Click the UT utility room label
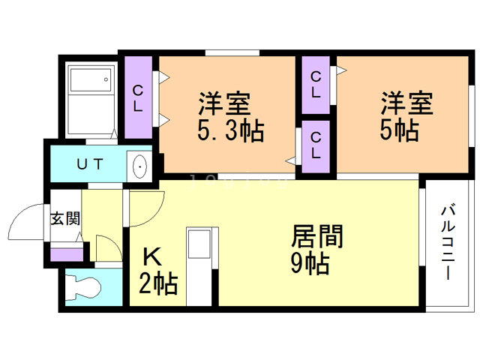point(91,163)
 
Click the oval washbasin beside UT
point(139,166)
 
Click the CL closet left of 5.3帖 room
point(139,97)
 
